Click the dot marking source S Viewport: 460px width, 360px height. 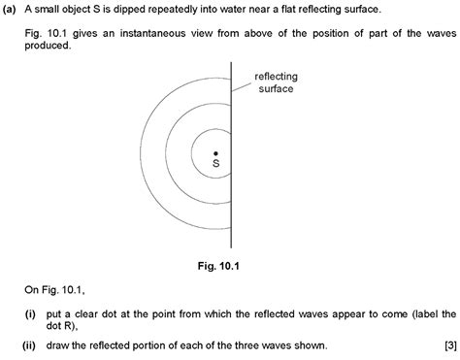(215, 153)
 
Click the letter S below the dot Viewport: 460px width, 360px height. (215, 166)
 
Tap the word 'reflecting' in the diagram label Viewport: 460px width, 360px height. (277, 77)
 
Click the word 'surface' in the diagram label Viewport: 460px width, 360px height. (277, 88)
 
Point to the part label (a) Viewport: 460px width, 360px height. (11, 9)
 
